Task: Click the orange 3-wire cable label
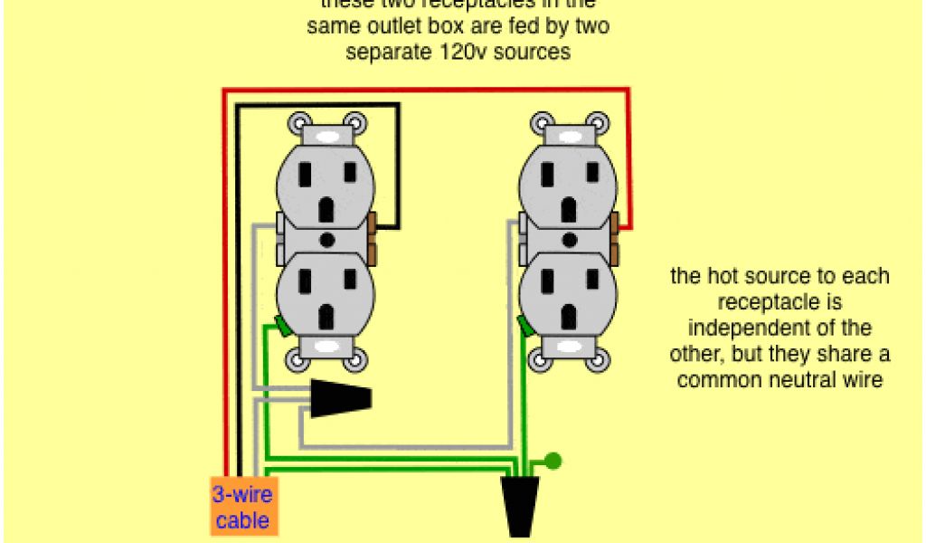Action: (x=241, y=507)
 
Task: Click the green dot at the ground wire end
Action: (x=553, y=461)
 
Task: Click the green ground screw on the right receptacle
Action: (x=525, y=324)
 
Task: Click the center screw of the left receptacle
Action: (x=326, y=240)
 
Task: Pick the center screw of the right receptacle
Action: (x=570, y=240)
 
